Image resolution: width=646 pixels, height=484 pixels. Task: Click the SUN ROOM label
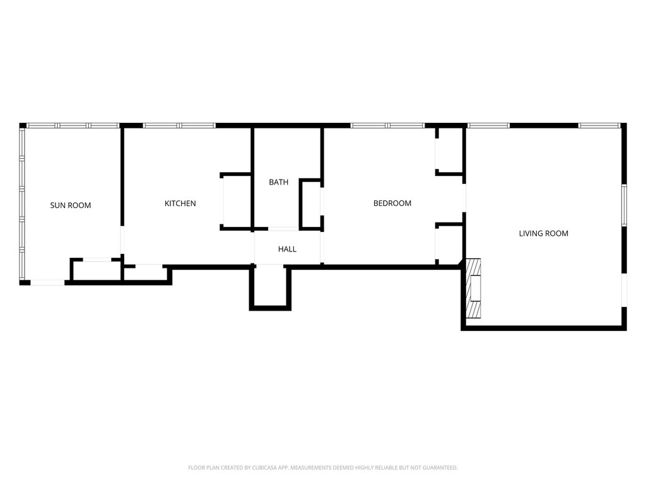click(71, 205)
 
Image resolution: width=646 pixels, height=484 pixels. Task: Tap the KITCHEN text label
click(180, 204)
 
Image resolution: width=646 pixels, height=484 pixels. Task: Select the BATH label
click(278, 182)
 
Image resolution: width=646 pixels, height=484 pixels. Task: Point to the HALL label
click(287, 249)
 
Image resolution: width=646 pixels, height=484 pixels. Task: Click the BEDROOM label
click(392, 204)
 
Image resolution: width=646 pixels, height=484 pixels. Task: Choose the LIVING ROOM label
click(543, 233)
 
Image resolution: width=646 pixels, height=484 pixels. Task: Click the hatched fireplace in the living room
click(473, 288)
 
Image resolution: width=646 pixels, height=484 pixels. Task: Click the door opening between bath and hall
click(283, 228)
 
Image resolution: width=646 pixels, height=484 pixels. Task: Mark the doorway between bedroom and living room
click(464, 198)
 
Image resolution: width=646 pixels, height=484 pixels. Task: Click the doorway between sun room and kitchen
click(122, 239)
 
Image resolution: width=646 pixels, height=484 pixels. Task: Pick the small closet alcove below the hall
click(270, 286)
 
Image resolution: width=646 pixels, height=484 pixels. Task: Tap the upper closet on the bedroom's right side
click(450, 150)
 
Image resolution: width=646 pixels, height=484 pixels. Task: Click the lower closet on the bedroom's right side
click(450, 244)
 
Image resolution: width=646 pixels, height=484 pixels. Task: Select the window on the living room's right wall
click(624, 205)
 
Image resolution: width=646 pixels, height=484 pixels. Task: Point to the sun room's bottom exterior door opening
click(48, 282)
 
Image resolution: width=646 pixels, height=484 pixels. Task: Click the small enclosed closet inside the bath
click(312, 204)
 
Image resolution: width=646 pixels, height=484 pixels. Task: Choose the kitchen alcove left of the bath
click(236, 201)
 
